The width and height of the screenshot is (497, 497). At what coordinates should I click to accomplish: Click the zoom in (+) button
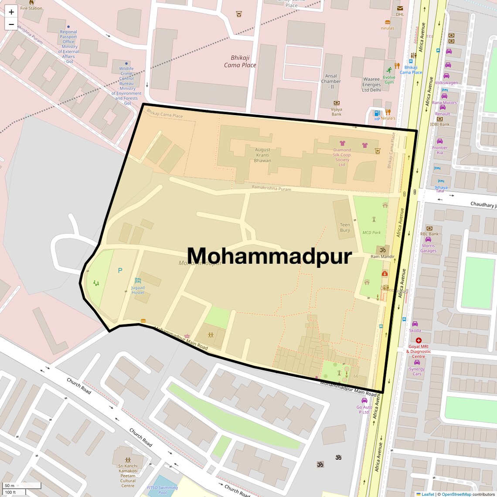11,12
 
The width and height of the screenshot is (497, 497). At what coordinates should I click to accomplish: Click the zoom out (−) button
11,24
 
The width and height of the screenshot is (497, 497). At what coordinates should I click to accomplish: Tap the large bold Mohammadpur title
269,256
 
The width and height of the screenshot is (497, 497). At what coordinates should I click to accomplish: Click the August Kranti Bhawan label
262,155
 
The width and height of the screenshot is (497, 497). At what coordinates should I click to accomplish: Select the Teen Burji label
345,228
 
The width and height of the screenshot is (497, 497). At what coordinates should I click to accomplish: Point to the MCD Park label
371,233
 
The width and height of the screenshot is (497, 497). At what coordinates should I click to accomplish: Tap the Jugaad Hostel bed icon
138,280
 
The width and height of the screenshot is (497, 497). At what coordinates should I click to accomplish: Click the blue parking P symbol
120,270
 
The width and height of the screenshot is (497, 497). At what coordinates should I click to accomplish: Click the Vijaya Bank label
336,112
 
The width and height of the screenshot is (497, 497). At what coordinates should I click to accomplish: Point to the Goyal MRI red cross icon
419,340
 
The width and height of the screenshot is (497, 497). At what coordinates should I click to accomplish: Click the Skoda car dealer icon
415,324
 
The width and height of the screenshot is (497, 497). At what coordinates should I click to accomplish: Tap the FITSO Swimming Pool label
162,490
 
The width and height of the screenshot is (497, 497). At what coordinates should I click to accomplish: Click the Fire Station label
31,8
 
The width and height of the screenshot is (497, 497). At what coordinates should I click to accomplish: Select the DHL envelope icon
400,8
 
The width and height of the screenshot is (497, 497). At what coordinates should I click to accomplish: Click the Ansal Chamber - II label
331,81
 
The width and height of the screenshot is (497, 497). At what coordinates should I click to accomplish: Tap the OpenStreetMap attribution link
456,494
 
